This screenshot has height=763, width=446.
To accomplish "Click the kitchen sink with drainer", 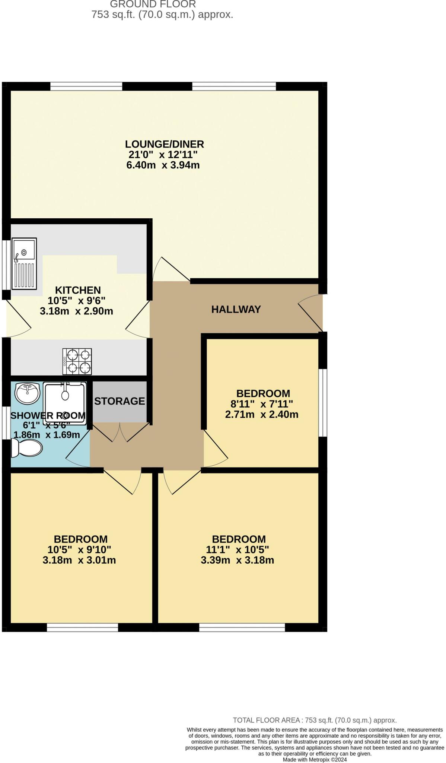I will tap(24, 264).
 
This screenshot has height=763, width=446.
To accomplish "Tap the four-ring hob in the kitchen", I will tap(77, 361).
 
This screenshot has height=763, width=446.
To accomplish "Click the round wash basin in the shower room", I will tap(27, 393).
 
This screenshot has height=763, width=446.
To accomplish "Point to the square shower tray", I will tap(65, 402).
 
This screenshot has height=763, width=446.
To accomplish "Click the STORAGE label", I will tap(120, 401).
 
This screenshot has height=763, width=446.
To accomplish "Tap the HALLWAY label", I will tap(236, 309).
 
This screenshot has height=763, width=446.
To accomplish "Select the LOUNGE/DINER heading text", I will tap(164, 144).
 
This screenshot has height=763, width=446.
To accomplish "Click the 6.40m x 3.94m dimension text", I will tap(163, 165).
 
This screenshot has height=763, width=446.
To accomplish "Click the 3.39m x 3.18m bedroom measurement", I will tap(237, 560).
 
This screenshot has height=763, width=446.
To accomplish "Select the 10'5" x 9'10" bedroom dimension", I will tap(79, 550).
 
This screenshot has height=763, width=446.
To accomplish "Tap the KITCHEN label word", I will tap(78, 290).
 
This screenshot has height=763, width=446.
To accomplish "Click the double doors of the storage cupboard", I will tap(120, 432).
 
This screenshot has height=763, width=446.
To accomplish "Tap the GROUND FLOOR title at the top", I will tap(153, 4).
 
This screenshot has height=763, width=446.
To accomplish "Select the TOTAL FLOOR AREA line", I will tap(315, 720).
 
